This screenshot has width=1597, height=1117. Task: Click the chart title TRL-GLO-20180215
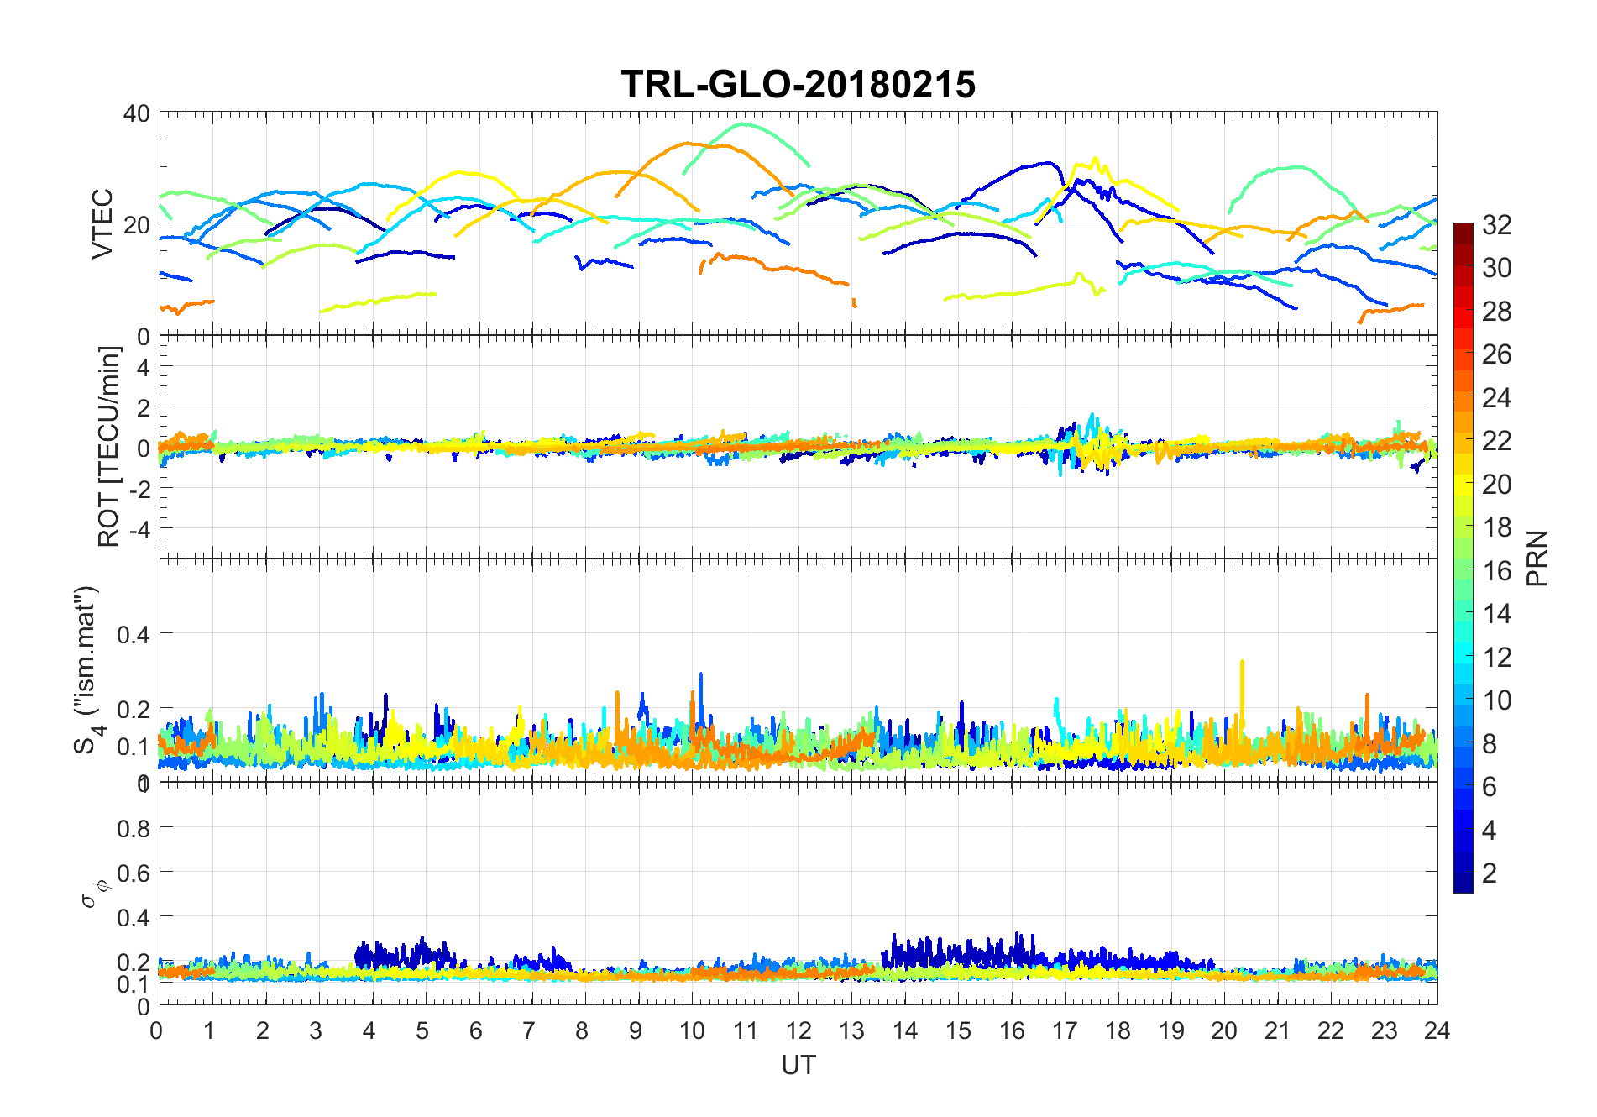pyautogui.click(x=798, y=85)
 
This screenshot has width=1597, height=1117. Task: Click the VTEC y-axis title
pyautogui.click(x=102, y=223)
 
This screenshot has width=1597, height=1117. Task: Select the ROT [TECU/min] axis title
pyautogui.click(x=109, y=446)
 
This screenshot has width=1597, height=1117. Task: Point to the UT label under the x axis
pyautogui.click(x=798, y=1065)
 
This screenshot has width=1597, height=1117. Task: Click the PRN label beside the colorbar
pyautogui.click(x=1537, y=558)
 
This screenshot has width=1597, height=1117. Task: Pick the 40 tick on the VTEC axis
pyautogui.click(x=137, y=113)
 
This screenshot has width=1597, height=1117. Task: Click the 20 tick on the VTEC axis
pyautogui.click(x=137, y=225)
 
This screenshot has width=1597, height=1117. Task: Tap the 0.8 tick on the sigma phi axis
pyautogui.click(x=134, y=828)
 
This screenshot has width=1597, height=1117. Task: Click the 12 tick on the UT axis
pyautogui.click(x=798, y=1030)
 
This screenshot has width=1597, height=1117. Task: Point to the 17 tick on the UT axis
pyautogui.click(x=1065, y=1030)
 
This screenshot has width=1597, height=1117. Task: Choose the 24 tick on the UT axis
pyautogui.click(x=1437, y=1030)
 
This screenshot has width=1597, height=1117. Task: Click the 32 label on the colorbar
pyautogui.click(x=1497, y=224)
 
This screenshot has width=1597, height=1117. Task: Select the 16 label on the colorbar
pyautogui.click(x=1497, y=570)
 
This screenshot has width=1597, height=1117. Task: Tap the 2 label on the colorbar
pyautogui.click(x=1490, y=873)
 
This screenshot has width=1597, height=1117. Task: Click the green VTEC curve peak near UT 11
pyautogui.click(x=744, y=124)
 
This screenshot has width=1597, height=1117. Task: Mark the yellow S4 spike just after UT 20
pyautogui.click(x=1242, y=663)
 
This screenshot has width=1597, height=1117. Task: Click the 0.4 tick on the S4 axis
pyautogui.click(x=134, y=634)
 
